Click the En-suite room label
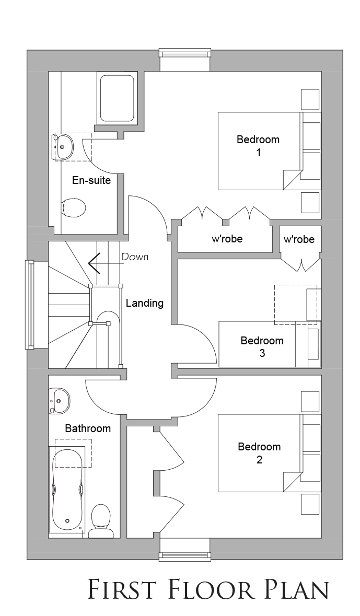click(x=91, y=181)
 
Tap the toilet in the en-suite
click(x=74, y=207)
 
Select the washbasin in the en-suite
click(x=63, y=147)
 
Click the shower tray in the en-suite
click(x=117, y=98)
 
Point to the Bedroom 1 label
click(x=258, y=145)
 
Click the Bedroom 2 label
click(x=259, y=452)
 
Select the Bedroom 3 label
click(x=262, y=346)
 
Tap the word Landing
click(x=145, y=303)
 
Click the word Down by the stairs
click(x=135, y=257)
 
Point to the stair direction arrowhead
click(x=94, y=263)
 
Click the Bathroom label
click(x=88, y=428)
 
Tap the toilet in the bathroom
click(x=100, y=521)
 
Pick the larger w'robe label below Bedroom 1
click(x=227, y=238)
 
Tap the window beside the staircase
click(x=30, y=305)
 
